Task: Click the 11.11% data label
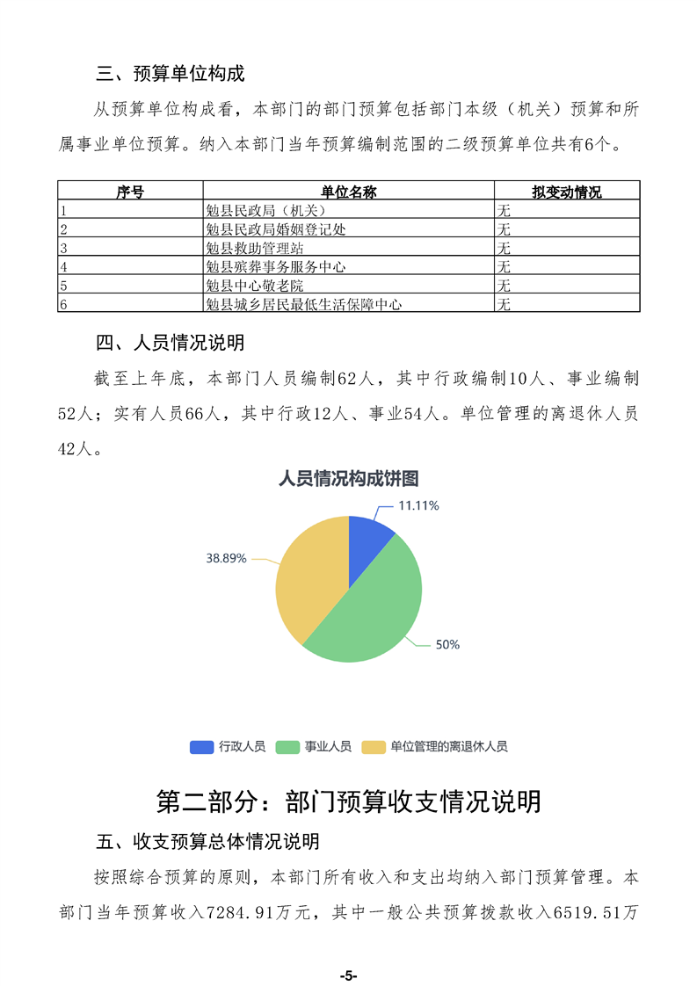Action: click(418, 506)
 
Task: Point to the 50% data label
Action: click(447, 644)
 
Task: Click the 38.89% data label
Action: click(226, 558)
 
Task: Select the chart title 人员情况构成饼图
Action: click(348, 479)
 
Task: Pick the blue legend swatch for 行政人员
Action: click(202, 747)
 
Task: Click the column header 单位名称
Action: click(348, 192)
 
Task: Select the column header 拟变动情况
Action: click(566, 192)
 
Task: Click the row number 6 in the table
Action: click(63, 304)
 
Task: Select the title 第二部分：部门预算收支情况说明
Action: click(348, 801)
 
